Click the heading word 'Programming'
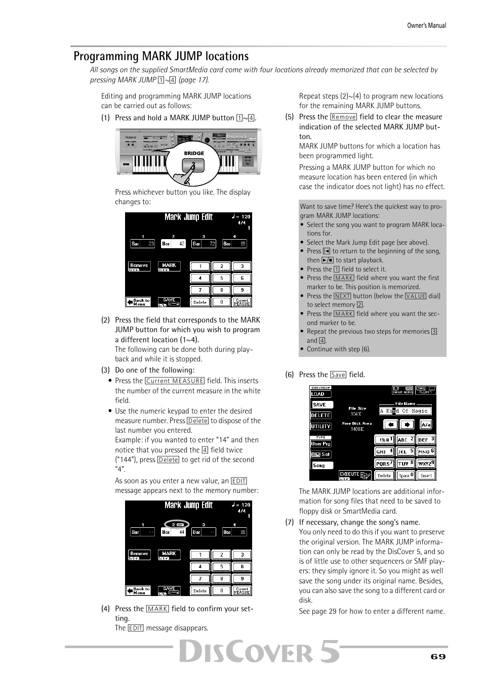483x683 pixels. [106, 56]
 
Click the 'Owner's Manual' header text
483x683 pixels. [426, 25]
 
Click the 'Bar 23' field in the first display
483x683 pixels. [143, 244]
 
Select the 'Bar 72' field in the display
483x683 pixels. [204, 244]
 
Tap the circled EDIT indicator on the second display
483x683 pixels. [176, 525]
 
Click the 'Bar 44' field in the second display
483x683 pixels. [173, 532]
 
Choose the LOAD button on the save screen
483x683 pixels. [320, 394]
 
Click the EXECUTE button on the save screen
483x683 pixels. [354, 475]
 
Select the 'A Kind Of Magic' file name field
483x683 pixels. [405, 411]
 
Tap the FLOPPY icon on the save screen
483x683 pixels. [425, 390]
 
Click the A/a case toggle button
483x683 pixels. [426, 425]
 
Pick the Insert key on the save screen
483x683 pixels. [426, 475]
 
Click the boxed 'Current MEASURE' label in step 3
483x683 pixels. [175, 381]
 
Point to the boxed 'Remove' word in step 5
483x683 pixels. [343, 117]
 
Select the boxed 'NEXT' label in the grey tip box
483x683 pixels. [342, 296]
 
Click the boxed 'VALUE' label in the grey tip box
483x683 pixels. [415, 296]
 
